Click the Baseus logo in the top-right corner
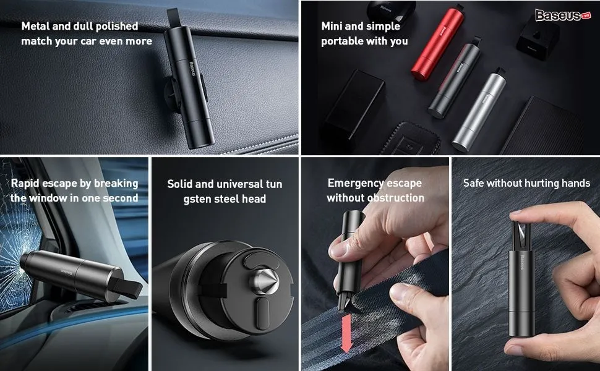(563, 15)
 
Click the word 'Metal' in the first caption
(35, 26)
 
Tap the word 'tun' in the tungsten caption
(273, 184)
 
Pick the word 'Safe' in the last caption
(473, 183)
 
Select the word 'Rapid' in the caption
(25, 184)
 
